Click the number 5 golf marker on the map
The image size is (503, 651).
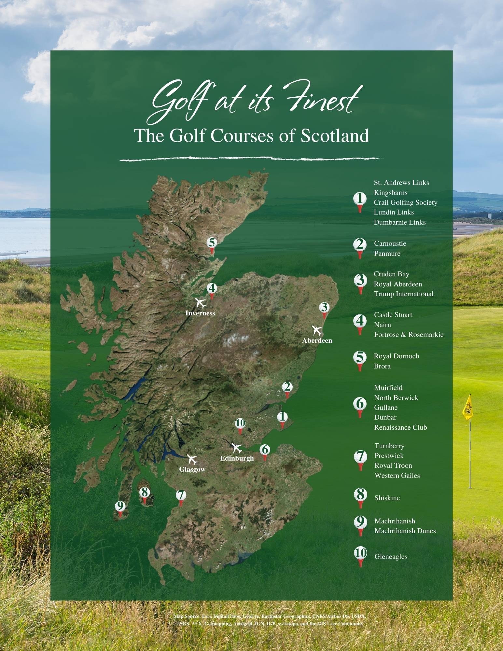click(212, 243)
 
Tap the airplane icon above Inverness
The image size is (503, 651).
click(201, 303)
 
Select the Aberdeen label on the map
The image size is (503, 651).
click(317, 340)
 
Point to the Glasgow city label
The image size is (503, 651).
click(192, 469)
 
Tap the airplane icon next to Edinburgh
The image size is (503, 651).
click(237, 448)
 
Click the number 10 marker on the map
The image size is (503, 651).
click(240, 423)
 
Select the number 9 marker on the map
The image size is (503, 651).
click(120, 506)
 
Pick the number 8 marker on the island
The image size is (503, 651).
click(145, 492)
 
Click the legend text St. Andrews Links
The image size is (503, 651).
click(401, 183)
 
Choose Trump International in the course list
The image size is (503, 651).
click(403, 294)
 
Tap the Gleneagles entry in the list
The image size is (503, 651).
click(391, 557)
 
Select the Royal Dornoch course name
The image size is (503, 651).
click(396, 356)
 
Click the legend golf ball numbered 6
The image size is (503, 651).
click(360, 404)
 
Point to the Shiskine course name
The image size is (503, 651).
click(387, 498)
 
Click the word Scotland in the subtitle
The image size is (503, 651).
click(334, 136)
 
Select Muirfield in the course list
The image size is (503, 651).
click(388, 388)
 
